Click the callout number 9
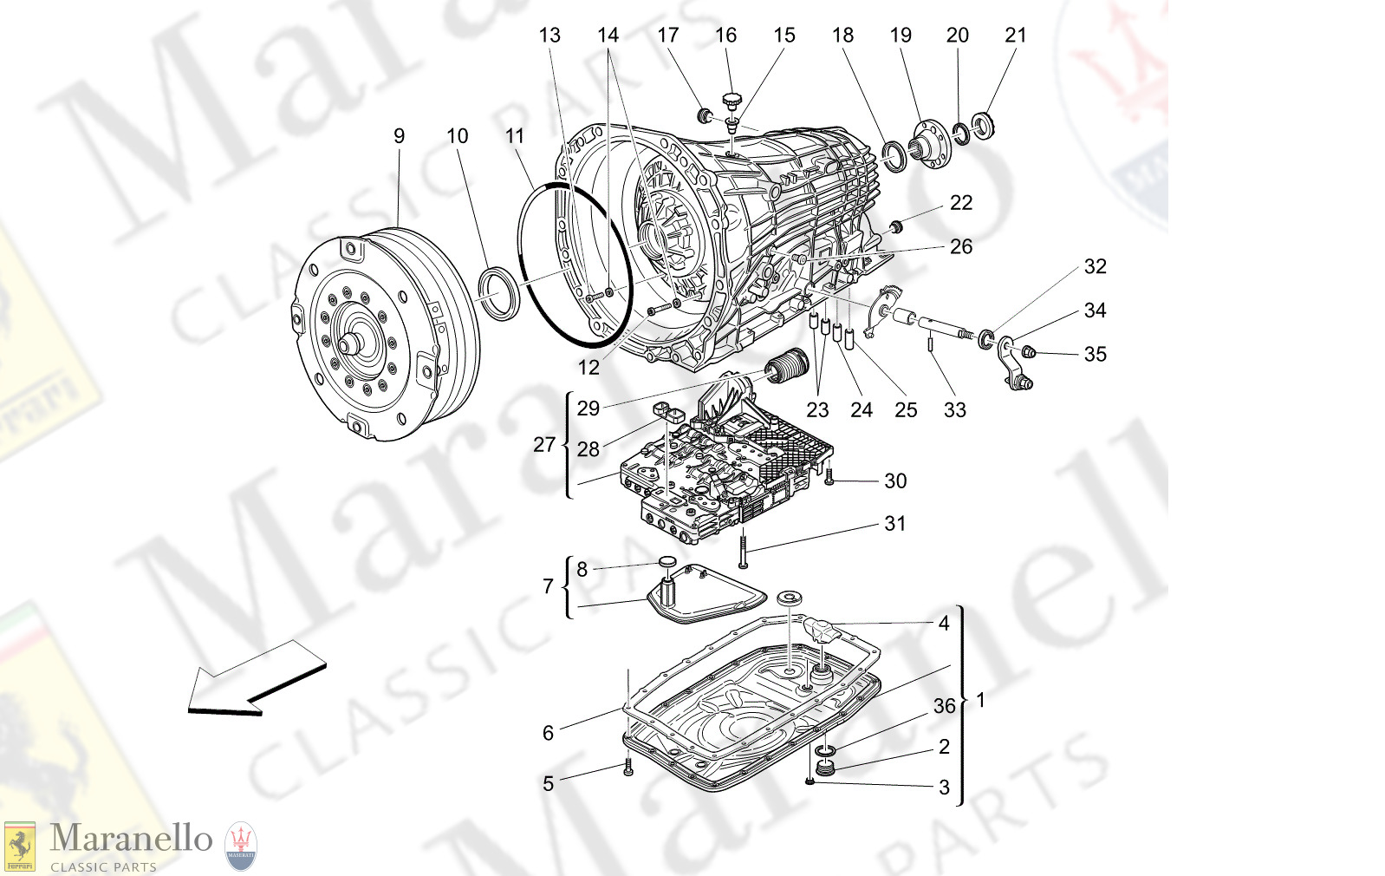tap(399, 136)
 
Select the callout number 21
tap(1015, 36)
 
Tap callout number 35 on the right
tap(1095, 354)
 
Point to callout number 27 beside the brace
tap(543, 445)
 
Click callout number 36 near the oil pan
tap(944, 706)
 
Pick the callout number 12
tap(588, 368)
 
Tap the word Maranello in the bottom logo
tap(131, 838)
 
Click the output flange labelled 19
tap(932, 145)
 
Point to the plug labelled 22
tap(897, 227)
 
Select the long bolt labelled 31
tap(744, 552)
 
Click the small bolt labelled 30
tap(829, 475)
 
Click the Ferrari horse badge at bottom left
tap(20, 845)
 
